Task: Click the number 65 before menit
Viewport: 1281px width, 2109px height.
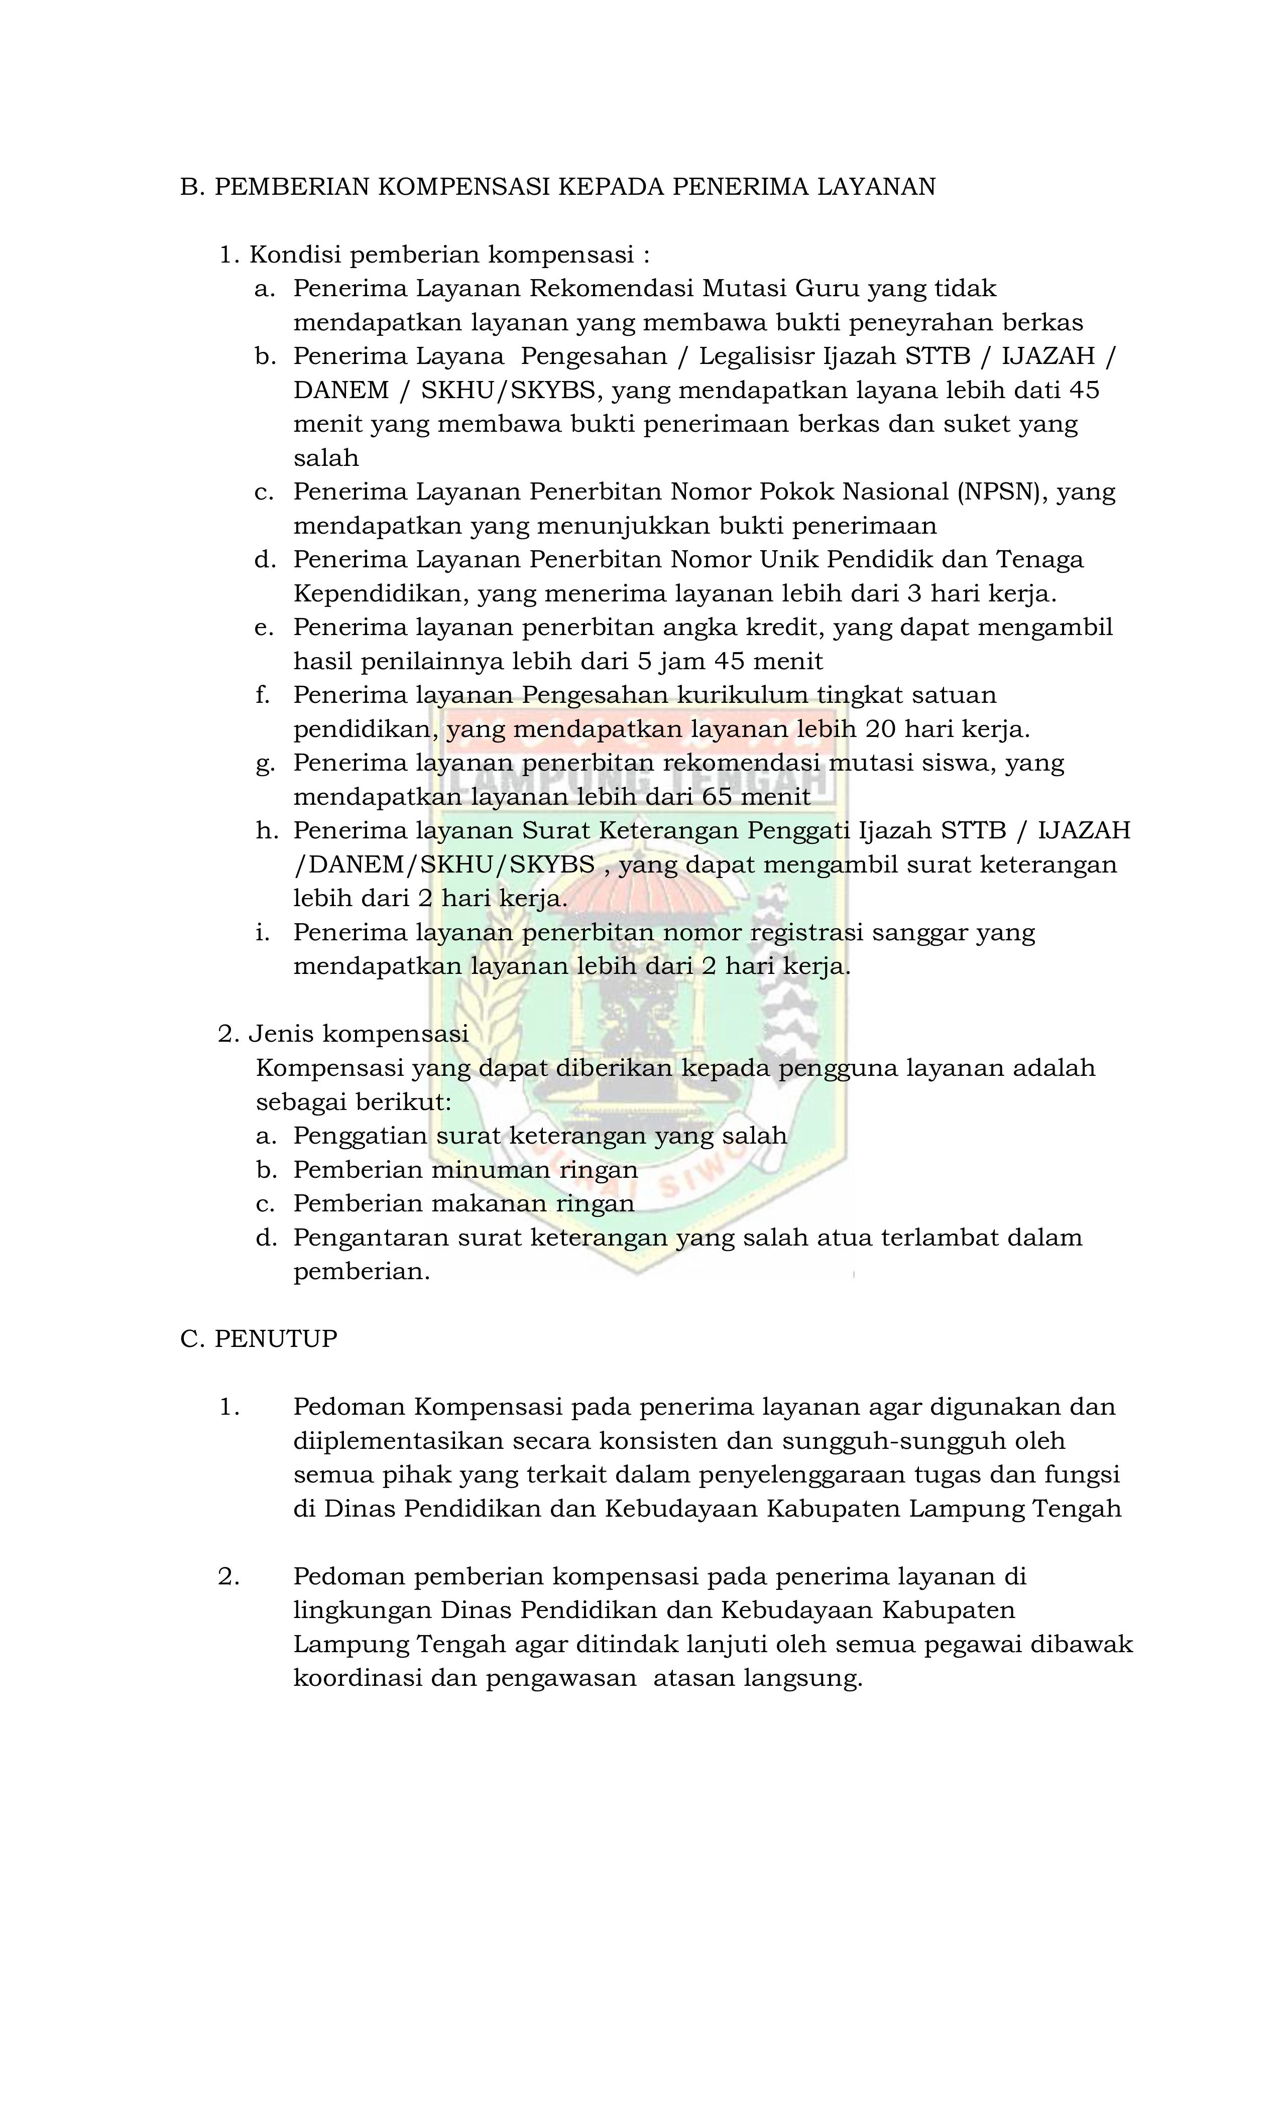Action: pyautogui.click(x=718, y=798)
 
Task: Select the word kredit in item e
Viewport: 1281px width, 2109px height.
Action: pyautogui.click(x=779, y=628)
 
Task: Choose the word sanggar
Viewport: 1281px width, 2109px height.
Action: pyautogui.click(x=919, y=933)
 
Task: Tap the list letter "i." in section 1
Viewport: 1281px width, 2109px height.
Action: pyautogui.click(x=262, y=933)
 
